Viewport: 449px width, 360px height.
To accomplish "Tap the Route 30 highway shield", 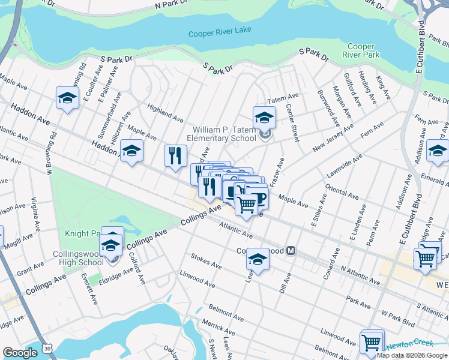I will coord(47,347).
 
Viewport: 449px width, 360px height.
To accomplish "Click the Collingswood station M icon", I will coord(291,250).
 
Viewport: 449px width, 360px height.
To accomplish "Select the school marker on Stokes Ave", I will coord(258,259).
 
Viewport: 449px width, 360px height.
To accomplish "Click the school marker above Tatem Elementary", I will coord(264,118).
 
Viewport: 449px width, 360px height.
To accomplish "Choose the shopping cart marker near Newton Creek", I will coord(372,343).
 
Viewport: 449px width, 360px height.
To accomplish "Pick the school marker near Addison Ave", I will coord(438,151).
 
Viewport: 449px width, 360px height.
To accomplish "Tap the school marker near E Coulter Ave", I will coord(67,98).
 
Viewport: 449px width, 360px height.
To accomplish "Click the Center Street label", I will coord(292,123).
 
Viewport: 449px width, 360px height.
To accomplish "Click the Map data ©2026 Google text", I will coord(411,355).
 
